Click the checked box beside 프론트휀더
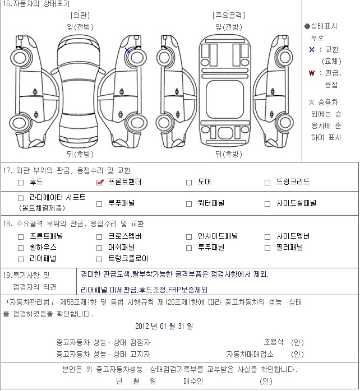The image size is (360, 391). click(99, 183)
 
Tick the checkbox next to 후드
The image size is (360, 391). click(21, 183)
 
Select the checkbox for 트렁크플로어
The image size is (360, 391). click(99, 259)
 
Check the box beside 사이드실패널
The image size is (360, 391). click(267, 204)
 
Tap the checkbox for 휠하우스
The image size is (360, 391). click(21, 248)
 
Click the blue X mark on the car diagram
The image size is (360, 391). click(127, 50)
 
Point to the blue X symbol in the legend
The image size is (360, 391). click(312, 49)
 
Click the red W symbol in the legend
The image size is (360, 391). click(312, 73)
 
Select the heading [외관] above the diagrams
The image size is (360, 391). click(80, 15)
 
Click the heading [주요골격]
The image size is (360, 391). click(229, 15)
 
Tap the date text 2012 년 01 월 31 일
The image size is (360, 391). click(164, 326)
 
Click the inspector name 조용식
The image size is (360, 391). click(274, 342)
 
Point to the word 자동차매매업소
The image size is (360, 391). click(250, 354)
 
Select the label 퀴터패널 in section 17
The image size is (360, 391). click(211, 203)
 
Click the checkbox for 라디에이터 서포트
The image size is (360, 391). click(21, 198)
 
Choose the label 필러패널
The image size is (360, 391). click(289, 247)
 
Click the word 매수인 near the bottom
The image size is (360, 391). click(193, 381)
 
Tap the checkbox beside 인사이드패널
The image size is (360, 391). click(189, 236)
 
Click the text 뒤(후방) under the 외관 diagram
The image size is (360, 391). click(80, 154)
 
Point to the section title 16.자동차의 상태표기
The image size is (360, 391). click(36, 3)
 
